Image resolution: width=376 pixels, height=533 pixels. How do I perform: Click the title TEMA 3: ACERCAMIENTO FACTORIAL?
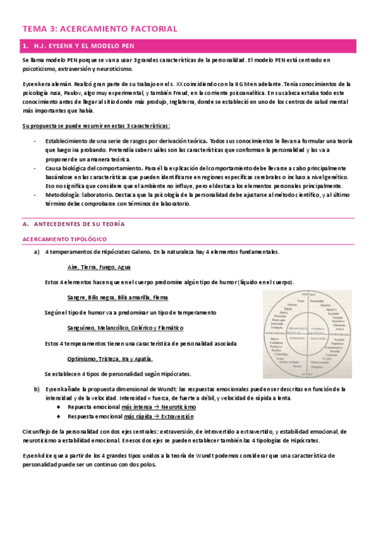100,29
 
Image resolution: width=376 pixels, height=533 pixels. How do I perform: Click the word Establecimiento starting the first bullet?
70,142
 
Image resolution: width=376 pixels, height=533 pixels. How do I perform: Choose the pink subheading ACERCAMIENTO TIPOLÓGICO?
64,239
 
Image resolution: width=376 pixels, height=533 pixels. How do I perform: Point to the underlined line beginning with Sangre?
117,297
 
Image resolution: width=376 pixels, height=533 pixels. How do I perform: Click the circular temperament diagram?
309,329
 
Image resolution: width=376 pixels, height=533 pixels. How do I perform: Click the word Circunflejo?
37,431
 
